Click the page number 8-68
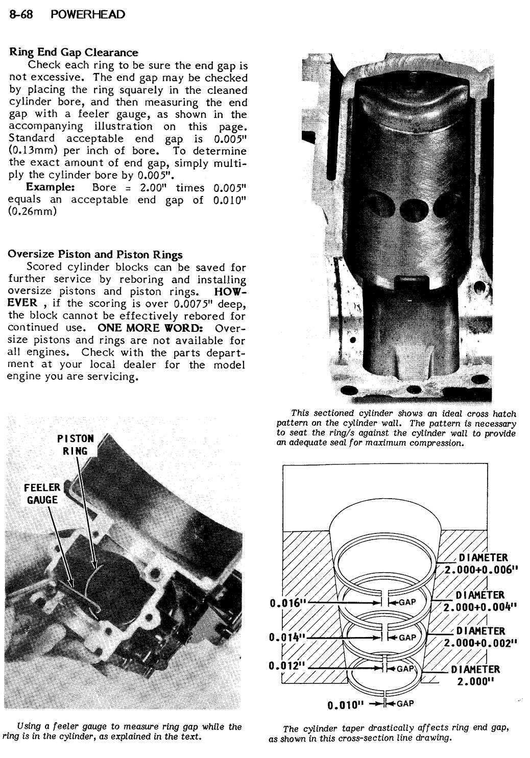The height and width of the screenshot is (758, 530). click(20, 14)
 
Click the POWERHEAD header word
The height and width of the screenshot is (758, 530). click(88, 14)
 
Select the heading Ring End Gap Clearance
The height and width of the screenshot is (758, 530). click(74, 52)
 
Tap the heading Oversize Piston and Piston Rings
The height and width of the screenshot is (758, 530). click(95, 254)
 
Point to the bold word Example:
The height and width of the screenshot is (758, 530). click(51, 187)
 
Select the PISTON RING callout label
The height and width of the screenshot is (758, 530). click(75, 445)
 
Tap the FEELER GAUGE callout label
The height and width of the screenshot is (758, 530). click(41, 494)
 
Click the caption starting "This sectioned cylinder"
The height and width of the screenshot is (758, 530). click(396, 428)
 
